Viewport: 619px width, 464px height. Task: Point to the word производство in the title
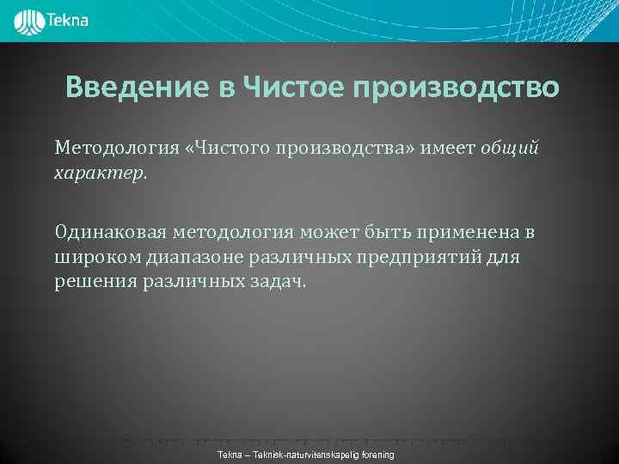(455, 88)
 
